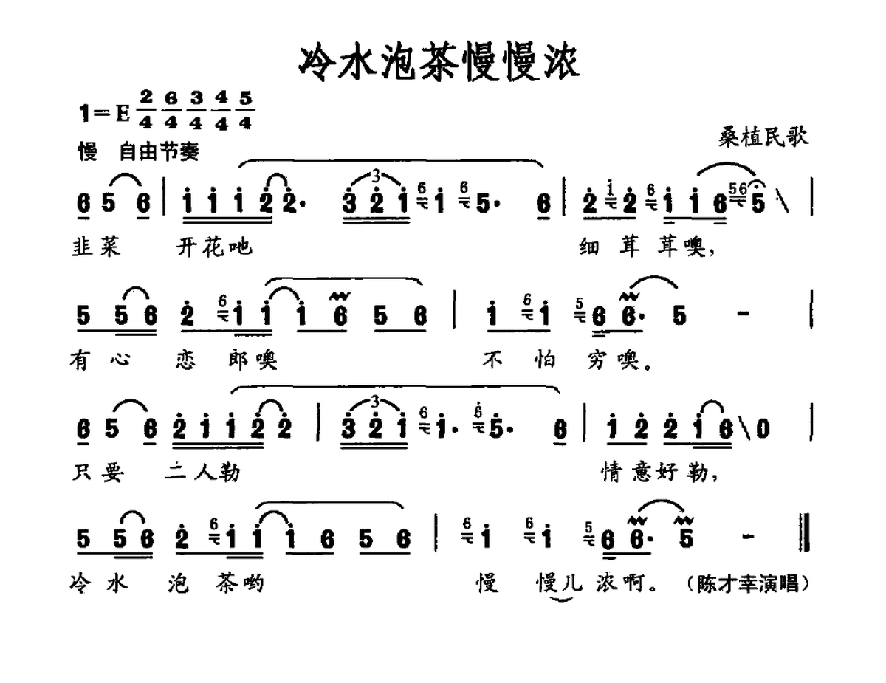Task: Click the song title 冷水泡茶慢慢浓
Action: click(x=439, y=64)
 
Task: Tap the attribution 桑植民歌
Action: click(x=763, y=137)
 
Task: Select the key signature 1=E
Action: click(x=104, y=112)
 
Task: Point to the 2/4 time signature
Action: click(x=145, y=110)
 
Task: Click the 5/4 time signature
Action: click(x=245, y=110)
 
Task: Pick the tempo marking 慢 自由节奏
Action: click(x=139, y=151)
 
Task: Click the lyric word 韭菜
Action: click(x=96, y=247)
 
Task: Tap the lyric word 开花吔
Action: click(x=214, y=247)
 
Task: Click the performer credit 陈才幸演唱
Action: click(x=748, y=584)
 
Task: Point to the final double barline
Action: click(x=805, y=532)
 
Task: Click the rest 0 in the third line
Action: click(x=763, y=429)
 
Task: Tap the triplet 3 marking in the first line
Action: click(x=376, y=176)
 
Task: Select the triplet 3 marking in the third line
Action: click(x=375, y=402)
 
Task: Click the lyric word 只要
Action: click(x=98, y=473)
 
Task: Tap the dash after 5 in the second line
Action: click(x=744, y=313)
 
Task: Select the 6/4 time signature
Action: click(x=171, y=110)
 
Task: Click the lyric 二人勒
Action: click(x=202, y=473)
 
